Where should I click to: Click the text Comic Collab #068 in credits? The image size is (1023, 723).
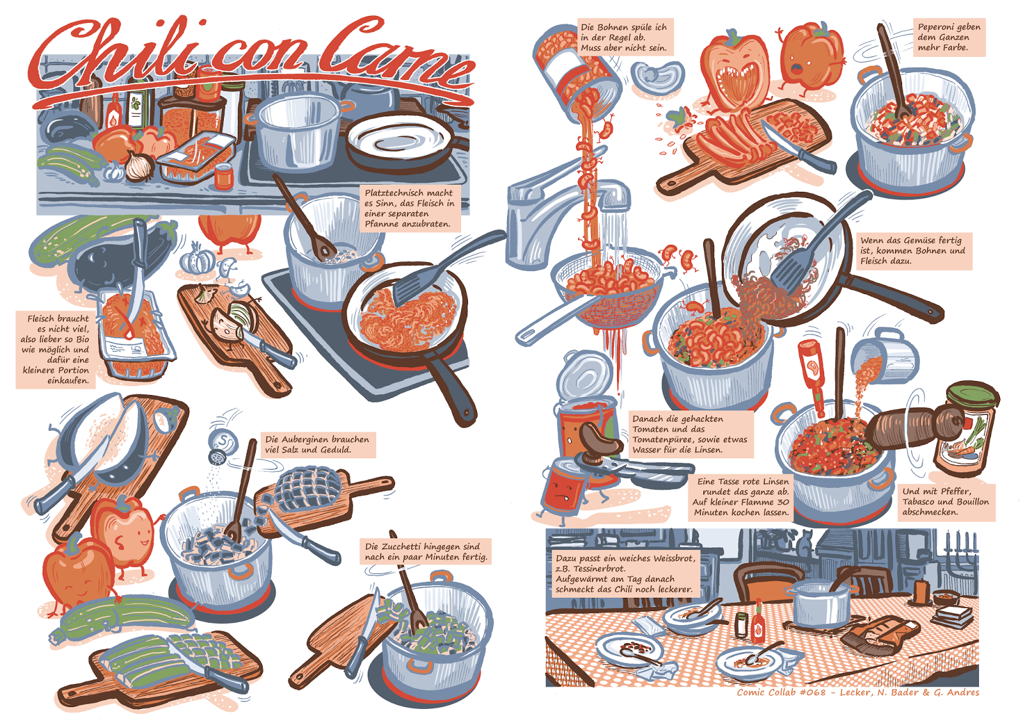coord(781,692)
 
